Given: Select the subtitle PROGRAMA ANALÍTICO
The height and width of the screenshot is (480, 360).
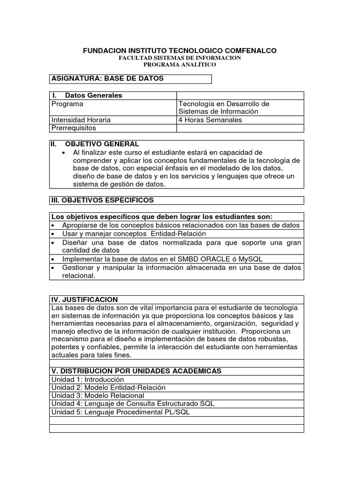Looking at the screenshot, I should click(x=180, y=65).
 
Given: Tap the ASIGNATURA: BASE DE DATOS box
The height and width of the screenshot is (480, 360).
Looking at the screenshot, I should click(x=130, y=79).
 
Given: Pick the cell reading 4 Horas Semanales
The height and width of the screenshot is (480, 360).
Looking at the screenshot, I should click(x=210, y=120).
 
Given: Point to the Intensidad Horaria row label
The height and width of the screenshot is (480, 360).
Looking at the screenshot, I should click(x=81, y=120).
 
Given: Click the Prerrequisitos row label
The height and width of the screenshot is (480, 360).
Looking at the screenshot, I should click(x=74, y=127).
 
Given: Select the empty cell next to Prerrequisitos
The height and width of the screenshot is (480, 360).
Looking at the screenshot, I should click(x=240, y=127).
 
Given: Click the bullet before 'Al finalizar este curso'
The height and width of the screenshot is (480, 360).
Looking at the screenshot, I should click(x=64, y=153).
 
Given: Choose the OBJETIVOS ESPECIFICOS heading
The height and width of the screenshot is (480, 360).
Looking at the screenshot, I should click(x=102, y=200).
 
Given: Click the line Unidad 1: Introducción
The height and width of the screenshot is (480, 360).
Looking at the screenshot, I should click(x=88, y=379).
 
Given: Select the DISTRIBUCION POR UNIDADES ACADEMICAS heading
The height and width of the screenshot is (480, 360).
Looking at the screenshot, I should click(x=136, y=371).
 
